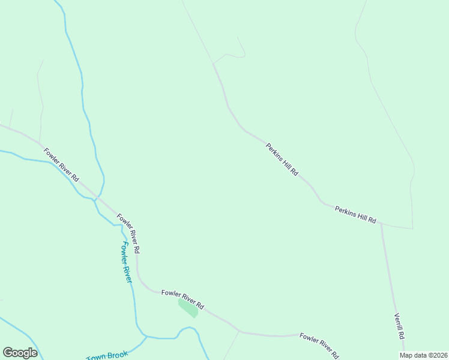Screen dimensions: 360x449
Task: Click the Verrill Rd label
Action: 400,325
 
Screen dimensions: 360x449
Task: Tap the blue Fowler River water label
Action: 127,262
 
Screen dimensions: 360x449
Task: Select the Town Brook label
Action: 107,358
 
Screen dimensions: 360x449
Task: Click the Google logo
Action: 20,352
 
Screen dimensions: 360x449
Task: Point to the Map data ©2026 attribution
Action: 423,355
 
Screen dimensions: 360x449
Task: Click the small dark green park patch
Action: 188,307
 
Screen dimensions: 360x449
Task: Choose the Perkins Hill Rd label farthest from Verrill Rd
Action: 282,159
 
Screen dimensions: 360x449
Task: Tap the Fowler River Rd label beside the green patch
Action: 182,298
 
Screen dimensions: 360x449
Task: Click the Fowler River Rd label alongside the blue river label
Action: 129,233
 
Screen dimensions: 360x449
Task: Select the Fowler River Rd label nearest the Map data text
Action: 320,345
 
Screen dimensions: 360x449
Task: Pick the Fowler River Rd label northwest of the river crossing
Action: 61,164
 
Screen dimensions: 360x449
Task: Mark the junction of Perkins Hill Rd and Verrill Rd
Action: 381,224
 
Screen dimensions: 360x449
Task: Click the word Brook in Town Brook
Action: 116,356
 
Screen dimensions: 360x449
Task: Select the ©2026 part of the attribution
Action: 436,355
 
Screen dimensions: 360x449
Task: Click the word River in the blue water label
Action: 128,272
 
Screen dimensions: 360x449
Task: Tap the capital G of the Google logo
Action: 8,352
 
